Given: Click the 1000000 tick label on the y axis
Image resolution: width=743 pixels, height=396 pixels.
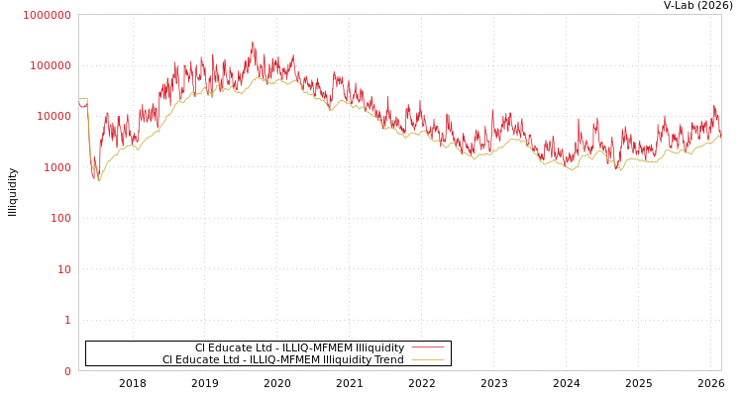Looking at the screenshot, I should click(x=47, y=15).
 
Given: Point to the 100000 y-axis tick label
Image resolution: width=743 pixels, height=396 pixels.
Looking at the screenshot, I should click(x=50, y=65).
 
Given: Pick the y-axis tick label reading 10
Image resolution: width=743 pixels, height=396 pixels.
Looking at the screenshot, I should click(x=63, y=269).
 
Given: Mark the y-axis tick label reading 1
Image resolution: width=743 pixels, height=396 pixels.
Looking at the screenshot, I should click(x=67, y=320).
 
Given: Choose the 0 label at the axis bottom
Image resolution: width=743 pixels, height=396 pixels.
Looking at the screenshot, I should click(x=67, y=371).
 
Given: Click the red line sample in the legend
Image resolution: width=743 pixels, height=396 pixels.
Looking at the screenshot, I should click(x=427, y=347).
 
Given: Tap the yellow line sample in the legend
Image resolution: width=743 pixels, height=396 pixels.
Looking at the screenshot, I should click(x=427, y=359).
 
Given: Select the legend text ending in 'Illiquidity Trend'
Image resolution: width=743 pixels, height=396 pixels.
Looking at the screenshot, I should click(x=282, y=359).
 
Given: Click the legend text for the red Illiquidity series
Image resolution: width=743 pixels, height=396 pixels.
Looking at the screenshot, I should click(x=299, y=347).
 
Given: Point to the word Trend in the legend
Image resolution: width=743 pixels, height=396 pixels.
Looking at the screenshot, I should click(x=388, y=359).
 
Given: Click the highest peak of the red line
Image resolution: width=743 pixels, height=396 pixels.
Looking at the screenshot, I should click(x=253, y=43).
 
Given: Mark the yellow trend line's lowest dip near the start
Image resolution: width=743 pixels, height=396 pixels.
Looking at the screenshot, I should click(x=99, y=180).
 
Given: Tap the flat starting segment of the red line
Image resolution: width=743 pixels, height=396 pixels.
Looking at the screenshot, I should click(x=82, y=100).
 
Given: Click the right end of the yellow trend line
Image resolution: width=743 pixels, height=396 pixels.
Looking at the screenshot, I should click(x=720, y=137).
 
